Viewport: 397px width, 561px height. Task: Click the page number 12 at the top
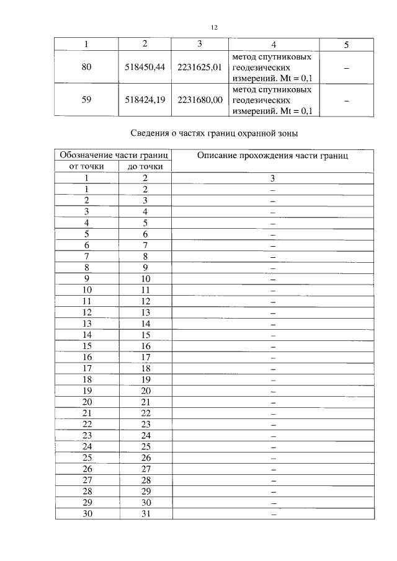click(x=214, y=27)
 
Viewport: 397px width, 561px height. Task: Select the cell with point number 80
click(x=86, y=68)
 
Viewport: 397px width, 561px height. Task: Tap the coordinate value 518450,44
click(x=143, y=68)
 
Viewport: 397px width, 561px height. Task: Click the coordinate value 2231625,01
click(x=199, y=68)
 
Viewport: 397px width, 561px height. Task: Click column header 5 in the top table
click(x=346, y=44)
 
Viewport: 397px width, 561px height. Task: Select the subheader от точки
click(x=86, y=167)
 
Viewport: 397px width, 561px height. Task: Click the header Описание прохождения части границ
click(x=272, y=156)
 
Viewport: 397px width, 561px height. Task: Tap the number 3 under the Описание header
click(x=272, y=179)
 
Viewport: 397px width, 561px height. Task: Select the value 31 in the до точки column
click(x=145, y=513)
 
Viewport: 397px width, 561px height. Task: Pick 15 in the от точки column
click(x=87, y=346)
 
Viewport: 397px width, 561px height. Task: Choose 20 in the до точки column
click(x=145, y=391)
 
